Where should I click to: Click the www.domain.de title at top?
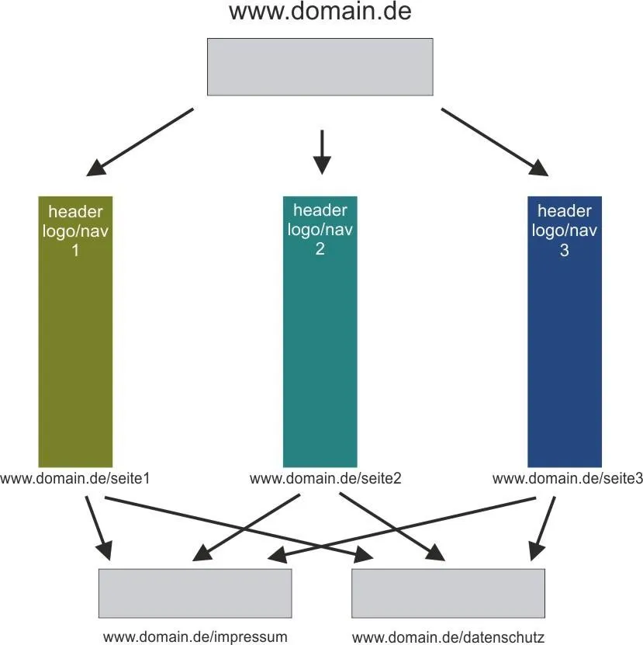pyautogui.click(x=320, y=11)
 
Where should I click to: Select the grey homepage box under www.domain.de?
pyautogui.click(x=320, y=67)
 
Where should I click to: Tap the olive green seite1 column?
pyautogui.click(x=75, y=331)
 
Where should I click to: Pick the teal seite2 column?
pyautogui.click(x=320, y=331)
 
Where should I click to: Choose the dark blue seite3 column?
pyautogui.click(x=565, y=331)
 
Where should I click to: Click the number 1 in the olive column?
pyautogui.click(x=75, y=250)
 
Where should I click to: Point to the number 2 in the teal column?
pyautogui.click(x=320, y=248)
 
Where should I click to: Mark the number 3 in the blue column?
pyautogui.click(x=565, y=250)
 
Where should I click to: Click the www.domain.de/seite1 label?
pyautogui.click(x=74, y=478)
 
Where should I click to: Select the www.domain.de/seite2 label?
pyautogui.click(x=325, y=478)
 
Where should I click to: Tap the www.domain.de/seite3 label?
pyautogui.click(x=568, y=478)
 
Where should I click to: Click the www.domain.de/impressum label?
pyautogui.click(x=195, y=636)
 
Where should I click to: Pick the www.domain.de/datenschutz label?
pyautogui.click(x=448, y=637)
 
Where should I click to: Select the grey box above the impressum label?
pyautogui.click(x=195, y=593)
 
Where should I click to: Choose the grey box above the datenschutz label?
pyautogui.click(x=448, y=593)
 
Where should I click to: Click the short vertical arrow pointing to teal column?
pyautogui.click(x=322, y=152)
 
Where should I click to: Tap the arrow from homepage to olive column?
pyautogui.click(x=140, y=142)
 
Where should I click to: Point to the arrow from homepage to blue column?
pyautogui.click(x=495, y=142)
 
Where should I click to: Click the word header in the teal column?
pyautogui.click(x=320, y=210)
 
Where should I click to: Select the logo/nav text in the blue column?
pyautogui.click(x=565, y=231)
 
